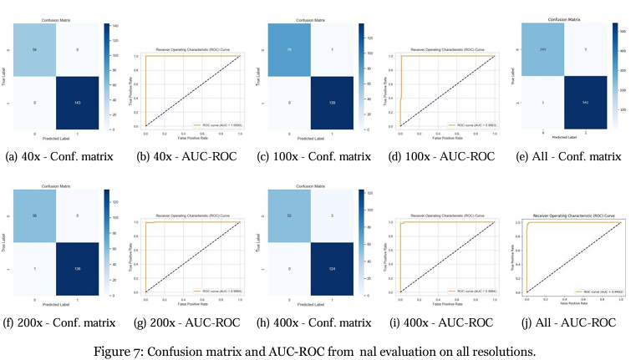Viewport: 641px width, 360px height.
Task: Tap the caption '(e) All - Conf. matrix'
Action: click(x=574, y=156)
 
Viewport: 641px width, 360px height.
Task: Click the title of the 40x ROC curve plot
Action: click(x=191, y=48)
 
